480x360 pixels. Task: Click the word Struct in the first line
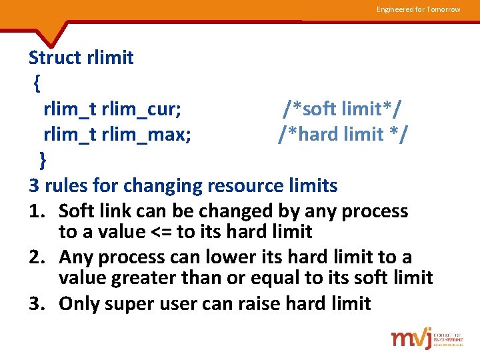(x=55, y=58)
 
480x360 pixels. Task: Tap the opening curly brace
(x=37, y=83)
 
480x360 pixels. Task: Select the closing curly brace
(x=43, y=160)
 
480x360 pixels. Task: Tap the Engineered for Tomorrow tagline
(x=418, y=9)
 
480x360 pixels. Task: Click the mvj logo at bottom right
(x=414, y=338)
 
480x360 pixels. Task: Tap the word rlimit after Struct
(x=110, y=58)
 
